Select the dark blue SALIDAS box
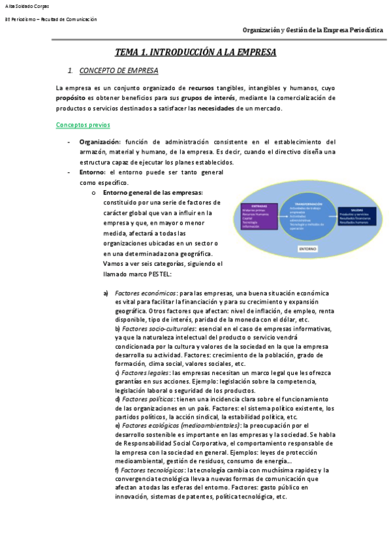pos(357,215)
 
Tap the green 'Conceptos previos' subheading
pos(83,124)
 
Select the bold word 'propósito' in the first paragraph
pos(74,97)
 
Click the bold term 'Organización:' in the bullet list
pos(100,141)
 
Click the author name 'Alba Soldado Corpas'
pos(27,6)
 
